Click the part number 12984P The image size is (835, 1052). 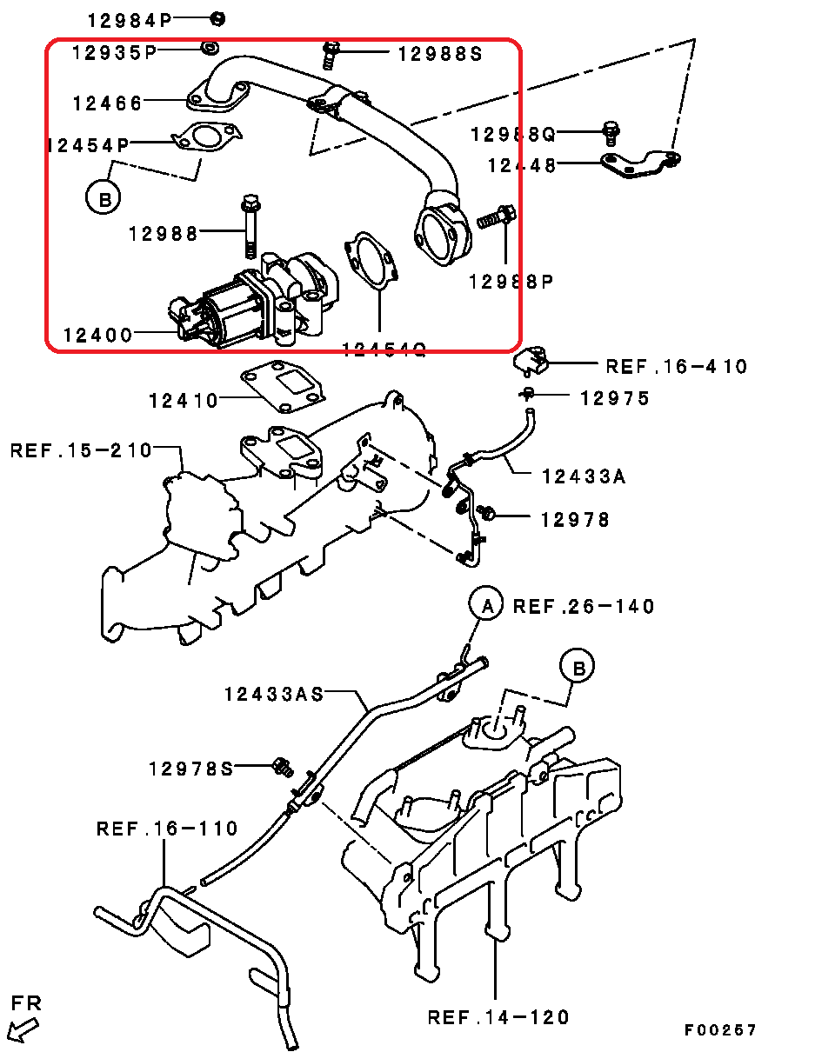point(129,21)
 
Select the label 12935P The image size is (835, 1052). point(115,52)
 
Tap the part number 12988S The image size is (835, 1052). point(440,54)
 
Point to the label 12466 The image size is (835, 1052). point(107,103)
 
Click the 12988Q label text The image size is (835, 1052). point(513,135)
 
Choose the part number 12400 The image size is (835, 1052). point(97,336)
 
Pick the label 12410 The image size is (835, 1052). point(184,401)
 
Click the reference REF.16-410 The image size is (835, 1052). point(677,367)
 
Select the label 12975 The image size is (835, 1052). point(615,398)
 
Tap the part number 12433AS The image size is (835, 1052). point(274,694)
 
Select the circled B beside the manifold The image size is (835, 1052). point(578,666)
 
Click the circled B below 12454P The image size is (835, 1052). point(103,197)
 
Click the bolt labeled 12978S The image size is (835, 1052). point(283,767)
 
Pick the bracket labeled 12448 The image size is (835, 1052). point(640,164)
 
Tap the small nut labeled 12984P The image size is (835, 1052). point(217,19)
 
